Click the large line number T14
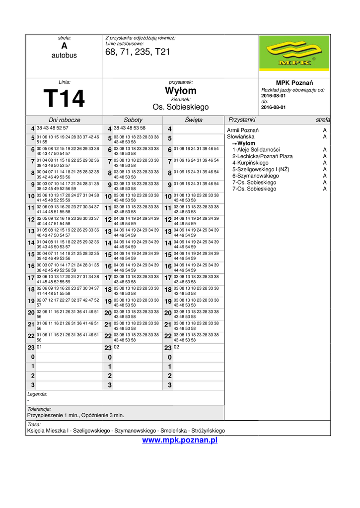pos(64,98)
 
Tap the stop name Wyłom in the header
pos(181,91)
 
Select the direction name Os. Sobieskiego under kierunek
pos(181,107)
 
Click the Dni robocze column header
pos(65,120)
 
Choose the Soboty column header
pos(133,120)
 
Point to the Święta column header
pos(194,120)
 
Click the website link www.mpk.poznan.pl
pos(180,440)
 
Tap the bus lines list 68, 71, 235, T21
pos(138,52)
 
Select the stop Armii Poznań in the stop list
pos(243,130)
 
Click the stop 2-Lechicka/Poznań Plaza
pos(262,156)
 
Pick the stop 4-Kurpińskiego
pos(250,163)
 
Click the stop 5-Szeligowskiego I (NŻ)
pos(261,169)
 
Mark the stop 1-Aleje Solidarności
pos(256,150)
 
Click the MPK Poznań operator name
pos(294,82)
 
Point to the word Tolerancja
pos(39,409)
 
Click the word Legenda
pos(37,394)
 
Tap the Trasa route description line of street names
pos(126,431)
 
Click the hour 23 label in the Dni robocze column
pos(31,348)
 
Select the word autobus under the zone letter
pos(64,56)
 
